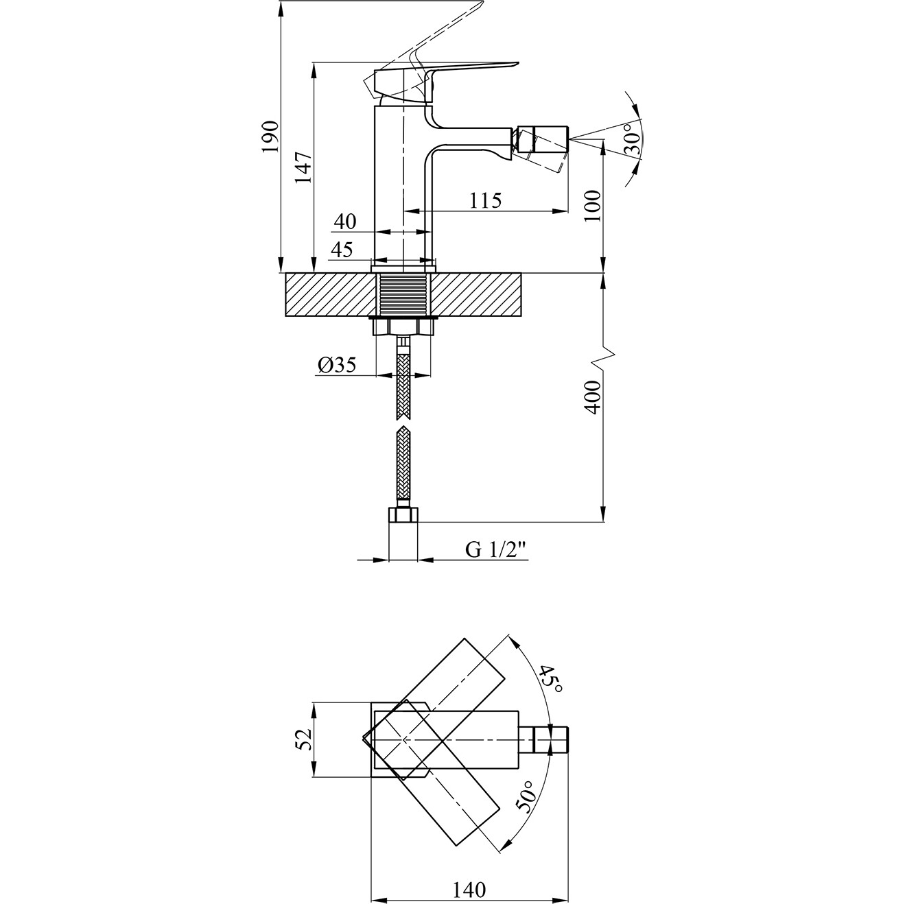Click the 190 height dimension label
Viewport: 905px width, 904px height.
(x=270, y=136)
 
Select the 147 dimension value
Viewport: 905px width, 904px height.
(x=303, y=167)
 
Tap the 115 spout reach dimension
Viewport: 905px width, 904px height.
(x=486, y=200)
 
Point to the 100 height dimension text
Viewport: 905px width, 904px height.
(x=593, y=206)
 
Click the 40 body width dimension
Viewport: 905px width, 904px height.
(x=345, y=221)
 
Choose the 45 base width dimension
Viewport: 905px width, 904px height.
(x=342, y=250)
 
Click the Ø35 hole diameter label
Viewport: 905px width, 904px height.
(x=337, y=364)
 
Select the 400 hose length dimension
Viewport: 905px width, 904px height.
(x=593, y=397)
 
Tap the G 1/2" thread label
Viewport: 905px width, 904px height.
(x=495, y=549)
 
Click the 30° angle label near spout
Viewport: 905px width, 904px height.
(x=632, y=139)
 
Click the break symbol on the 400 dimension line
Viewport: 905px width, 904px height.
(x=604, y=358)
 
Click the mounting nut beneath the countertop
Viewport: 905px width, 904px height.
(x=403, y=326)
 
